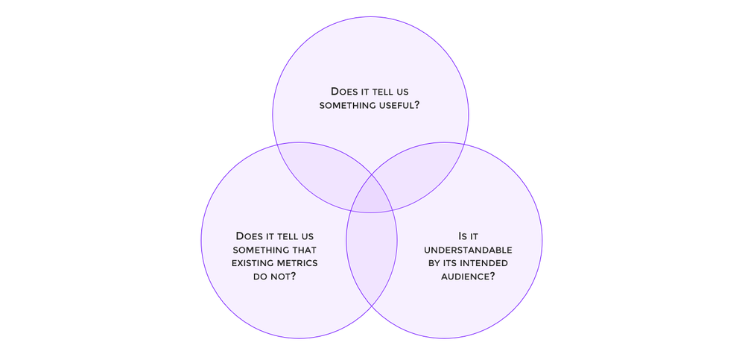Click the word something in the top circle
click(x=345, y=105)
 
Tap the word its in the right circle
click(x=451, y=263)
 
